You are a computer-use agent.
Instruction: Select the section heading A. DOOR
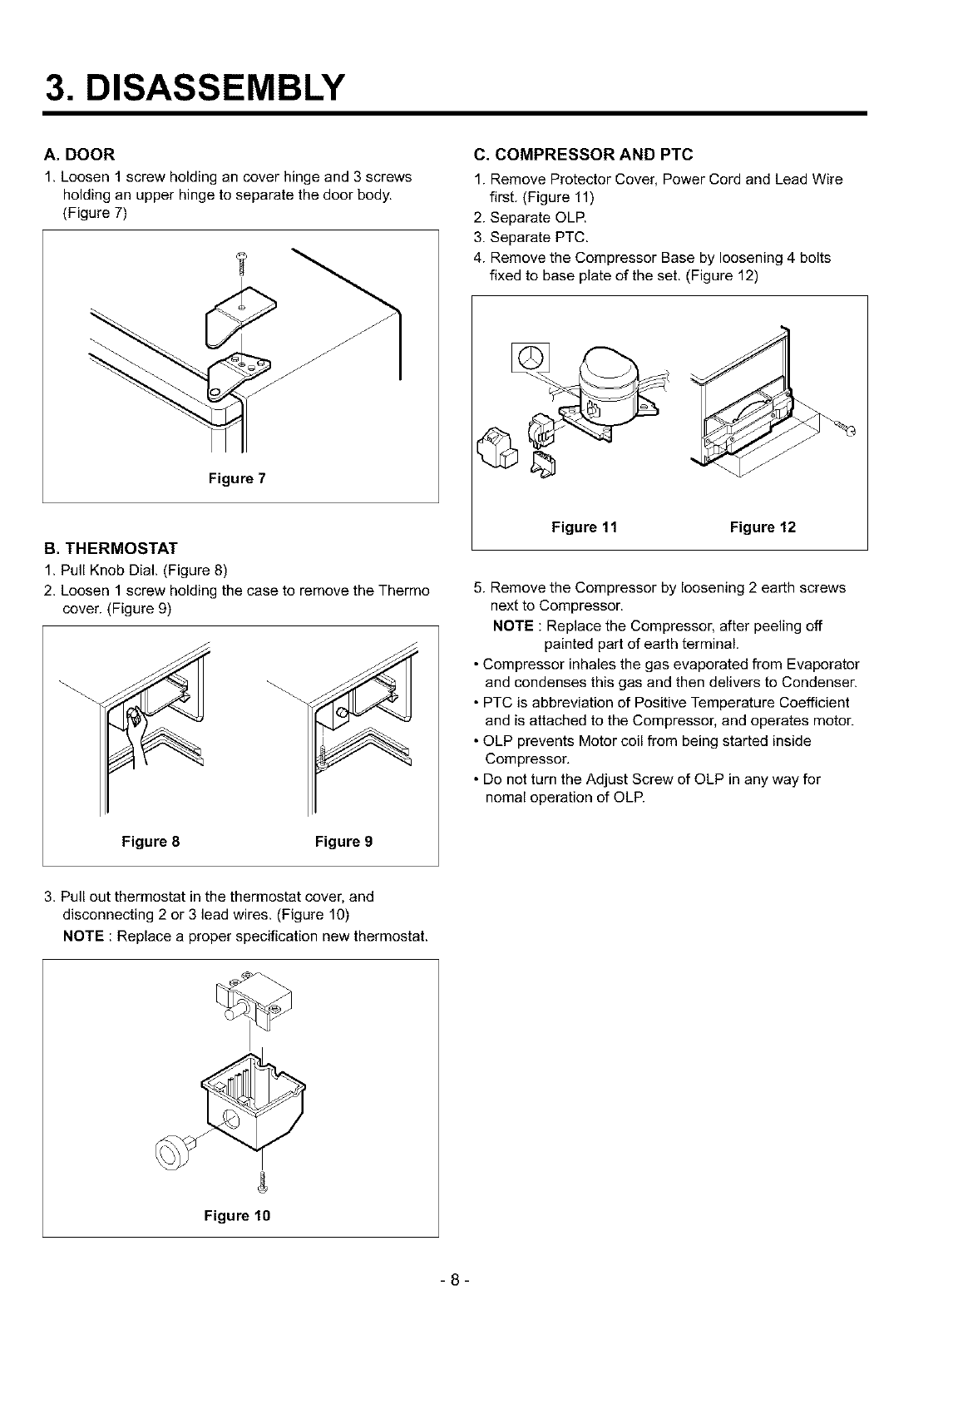coord(79,154)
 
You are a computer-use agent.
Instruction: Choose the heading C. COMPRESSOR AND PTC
coord(582,154)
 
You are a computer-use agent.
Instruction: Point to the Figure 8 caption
coord(151,841)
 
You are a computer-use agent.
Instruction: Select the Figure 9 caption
coord(343,841)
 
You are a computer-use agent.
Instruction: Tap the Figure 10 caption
coord(238,1215)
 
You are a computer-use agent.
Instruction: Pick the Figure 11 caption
coord(585,526)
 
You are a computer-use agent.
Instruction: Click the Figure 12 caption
coord(763,526)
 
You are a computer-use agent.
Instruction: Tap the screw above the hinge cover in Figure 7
coord(243,262)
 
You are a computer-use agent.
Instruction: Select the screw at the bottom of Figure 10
coord(263,1179)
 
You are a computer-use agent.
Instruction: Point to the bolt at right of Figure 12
coord(847,428)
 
